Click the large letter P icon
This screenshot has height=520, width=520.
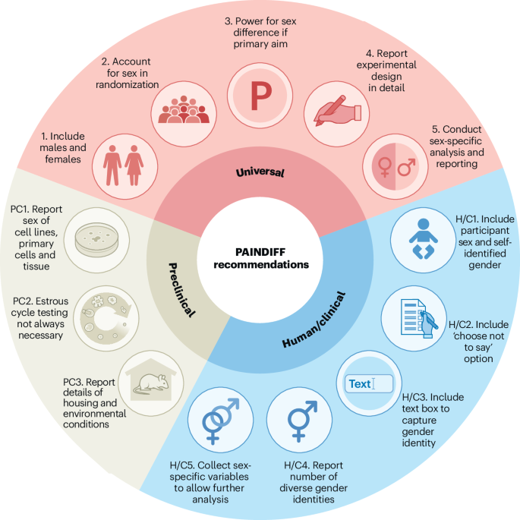pyautogui.click(x=261, y=96)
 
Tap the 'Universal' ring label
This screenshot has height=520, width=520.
pyautogui.click(x=260, y=172)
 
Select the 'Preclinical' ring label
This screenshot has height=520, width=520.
pyautogui.click(x=181, y=290)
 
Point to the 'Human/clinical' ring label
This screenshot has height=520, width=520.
pyautogui.click(x=314, y=320)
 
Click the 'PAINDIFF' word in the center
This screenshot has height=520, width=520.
pyautogui.click(x=260, y=252)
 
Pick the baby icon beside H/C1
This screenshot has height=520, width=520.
pyautogui.click(x=423, y=239)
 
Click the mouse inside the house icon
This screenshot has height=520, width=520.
pyautogui.click(x=151, y=384)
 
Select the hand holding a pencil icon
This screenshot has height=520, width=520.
pyautogui.click(x=337, y=111)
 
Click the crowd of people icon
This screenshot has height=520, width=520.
pyautogui.click(x=184, y=110)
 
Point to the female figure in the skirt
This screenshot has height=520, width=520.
pyautogui.click(x=134, y=165)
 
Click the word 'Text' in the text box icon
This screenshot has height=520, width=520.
pyautogui.click(x=360, y=384)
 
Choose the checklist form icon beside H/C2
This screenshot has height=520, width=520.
pyautogui.click(x=418, y=318)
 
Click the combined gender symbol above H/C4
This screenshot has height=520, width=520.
pyautogui.click(x=301, y=421)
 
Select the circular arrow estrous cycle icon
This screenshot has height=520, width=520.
pyautogui.click(x=106, y=318)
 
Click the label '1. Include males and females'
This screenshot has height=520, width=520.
pyautogui.click(x=63, y=148)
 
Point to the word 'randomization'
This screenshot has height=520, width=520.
pyautogui.click(x=128, y=84)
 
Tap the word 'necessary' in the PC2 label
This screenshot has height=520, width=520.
pyautogui.click(x=40, y=336)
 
